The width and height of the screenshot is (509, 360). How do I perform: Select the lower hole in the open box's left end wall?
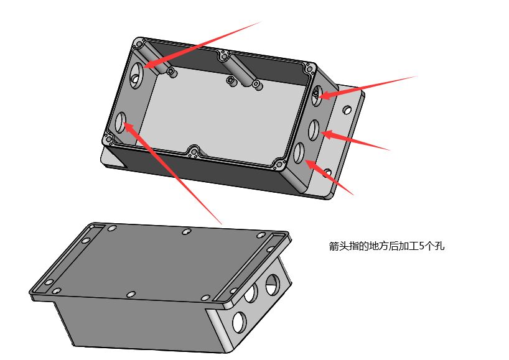pos(121,122)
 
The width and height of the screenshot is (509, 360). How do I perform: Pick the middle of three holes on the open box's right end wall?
pos(314,131)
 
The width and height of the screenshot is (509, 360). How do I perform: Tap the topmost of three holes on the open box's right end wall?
pos(317,95)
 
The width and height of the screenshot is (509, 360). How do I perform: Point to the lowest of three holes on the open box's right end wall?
pos(299,153)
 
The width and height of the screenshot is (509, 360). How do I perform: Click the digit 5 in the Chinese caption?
pos(421,246)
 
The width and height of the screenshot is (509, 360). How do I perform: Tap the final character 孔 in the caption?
pos(440,246)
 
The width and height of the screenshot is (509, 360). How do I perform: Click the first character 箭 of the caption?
pos(334,246)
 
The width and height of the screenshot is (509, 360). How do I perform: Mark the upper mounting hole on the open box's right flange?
pos(347,109)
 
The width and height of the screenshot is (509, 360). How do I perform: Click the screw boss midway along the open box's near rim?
pos(194,152)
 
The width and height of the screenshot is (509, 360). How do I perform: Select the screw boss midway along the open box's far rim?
pos(224,56)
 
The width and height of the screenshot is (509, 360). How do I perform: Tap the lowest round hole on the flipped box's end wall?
pos(239,321)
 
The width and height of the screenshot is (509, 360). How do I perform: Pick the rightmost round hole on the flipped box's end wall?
pos(273,284)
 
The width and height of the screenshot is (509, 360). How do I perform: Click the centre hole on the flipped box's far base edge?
pos(186,231)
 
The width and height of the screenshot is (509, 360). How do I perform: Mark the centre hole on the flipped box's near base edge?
pos(131,295)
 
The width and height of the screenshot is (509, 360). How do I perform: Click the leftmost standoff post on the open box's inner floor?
pos(171,72)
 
